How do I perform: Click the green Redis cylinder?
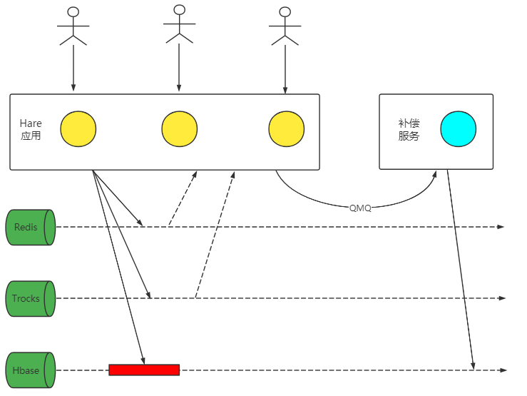(x=31, y=227)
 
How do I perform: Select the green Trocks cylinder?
(x=31, y=298)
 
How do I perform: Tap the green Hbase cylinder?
(x=31, y=370)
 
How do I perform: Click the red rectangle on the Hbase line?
(x=144, y=370)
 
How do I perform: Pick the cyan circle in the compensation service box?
(x=458, y=129)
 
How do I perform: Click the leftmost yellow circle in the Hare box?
(x=78, y=129)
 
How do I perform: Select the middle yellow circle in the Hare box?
(x=180, y=129)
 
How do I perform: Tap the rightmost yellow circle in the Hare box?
(x=286, y=129)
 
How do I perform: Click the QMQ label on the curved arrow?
(x=360, y=208)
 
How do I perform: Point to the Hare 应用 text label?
(x=31, y=129)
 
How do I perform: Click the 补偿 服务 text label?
(x=409, y=129)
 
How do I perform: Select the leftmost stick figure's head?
(x=73, y=11)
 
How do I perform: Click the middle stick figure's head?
(x=179, y=9)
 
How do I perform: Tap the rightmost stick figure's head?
(x=285, y=11)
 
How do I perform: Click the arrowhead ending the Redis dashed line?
(x=501, y=227)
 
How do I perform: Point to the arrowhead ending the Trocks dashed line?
(x=501, y=298)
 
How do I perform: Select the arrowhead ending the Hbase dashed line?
(x=502, y=370)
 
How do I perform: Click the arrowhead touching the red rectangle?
(x=143, y=361)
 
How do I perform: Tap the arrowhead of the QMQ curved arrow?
(x=435, y=173)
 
